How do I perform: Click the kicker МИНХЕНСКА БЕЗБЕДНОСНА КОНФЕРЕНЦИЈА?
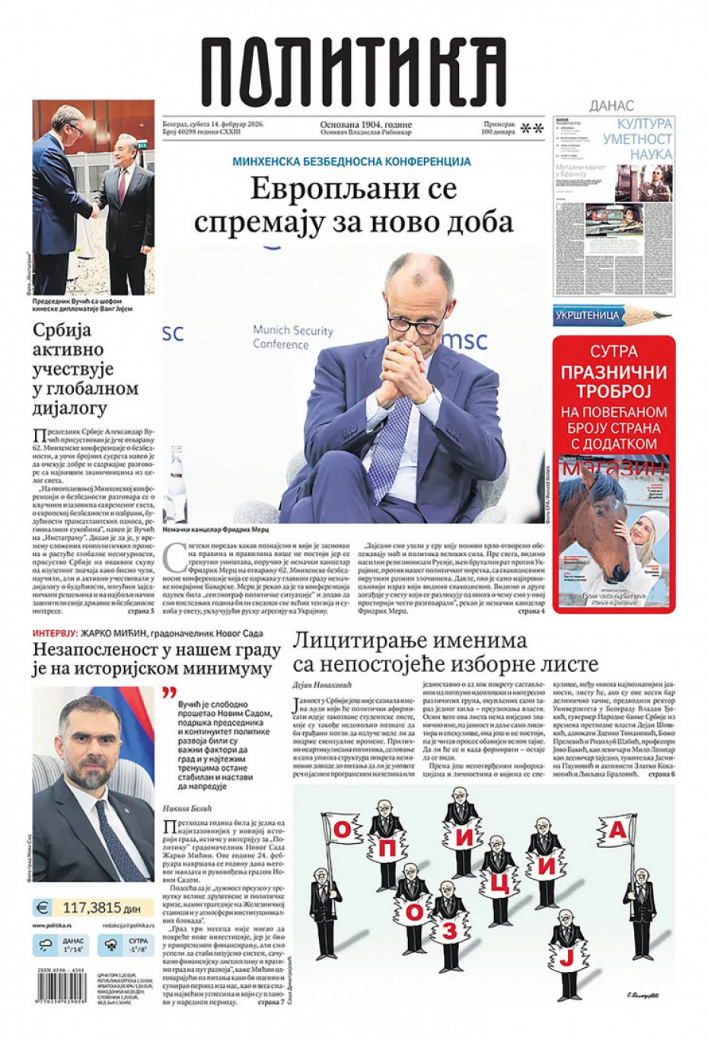[x=352, y=161]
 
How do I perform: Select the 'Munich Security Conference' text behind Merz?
[x=293, y=337]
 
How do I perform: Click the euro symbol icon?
[x=43, y=907]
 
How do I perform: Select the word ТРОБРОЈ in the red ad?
[x=614, y=392]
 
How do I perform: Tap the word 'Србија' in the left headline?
[x=62, y=331]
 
